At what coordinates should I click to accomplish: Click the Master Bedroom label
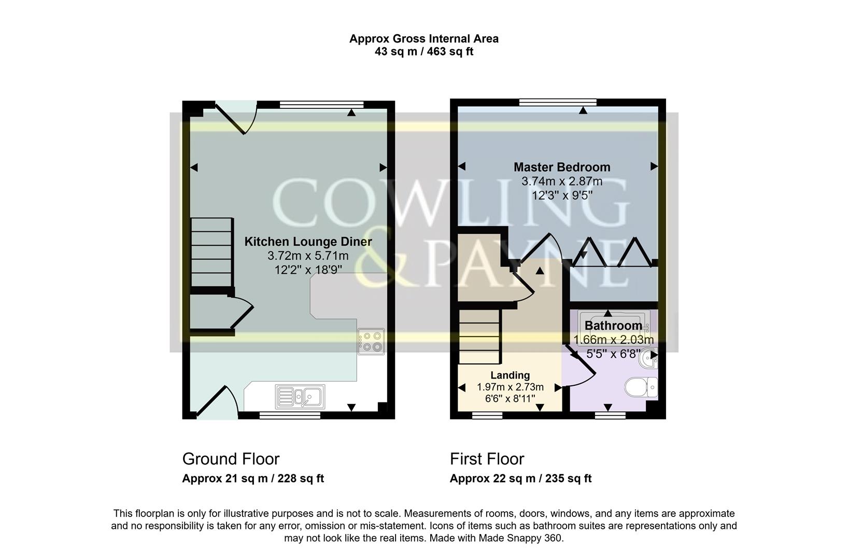(x=562, y=167)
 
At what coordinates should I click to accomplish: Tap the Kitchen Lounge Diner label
(x=308, y=242)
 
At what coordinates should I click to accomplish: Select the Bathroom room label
(x=613, y=326)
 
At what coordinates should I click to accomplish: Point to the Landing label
(x=510, y=375)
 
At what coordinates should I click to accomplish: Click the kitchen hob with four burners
(x=371, y=341)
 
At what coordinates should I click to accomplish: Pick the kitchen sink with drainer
(x=300, y=397)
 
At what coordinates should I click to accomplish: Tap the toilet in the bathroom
(x=641, y=387)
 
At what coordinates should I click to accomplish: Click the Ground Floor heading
(x=231, y=459)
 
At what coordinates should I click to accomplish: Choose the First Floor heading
(x=487, y=459)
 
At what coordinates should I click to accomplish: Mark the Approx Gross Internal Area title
(x=423, y=38)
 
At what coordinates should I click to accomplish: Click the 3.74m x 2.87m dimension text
(x=562, y=181)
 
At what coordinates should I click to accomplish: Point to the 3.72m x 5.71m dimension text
(x=308, y=256)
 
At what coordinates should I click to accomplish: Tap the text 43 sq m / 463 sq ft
(x=423, y=52)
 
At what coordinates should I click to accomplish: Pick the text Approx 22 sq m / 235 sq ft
(x=520, y=479)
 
